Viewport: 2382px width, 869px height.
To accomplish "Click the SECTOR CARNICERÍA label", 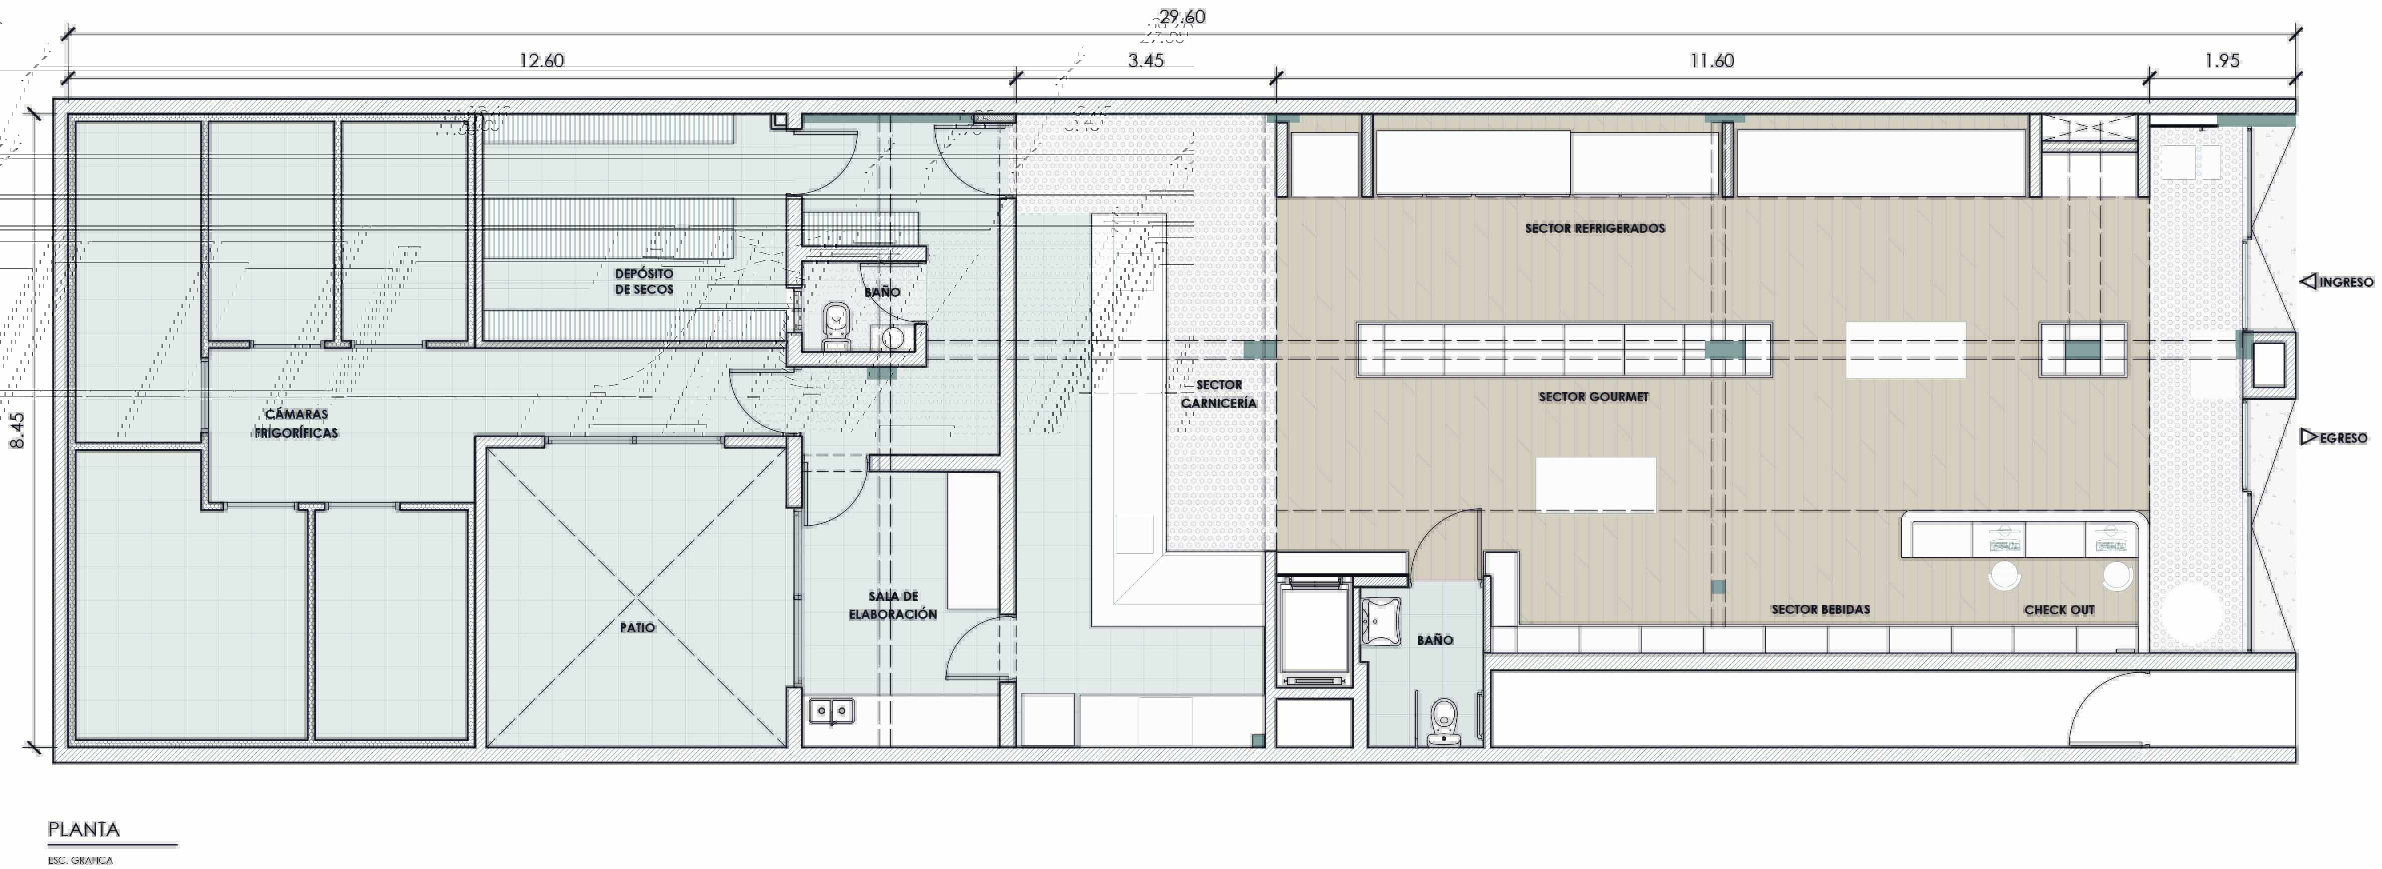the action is (1219, 394).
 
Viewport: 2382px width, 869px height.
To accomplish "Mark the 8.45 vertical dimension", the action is (17, 430).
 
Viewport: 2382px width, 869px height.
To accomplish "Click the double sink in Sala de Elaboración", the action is (831, 711).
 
